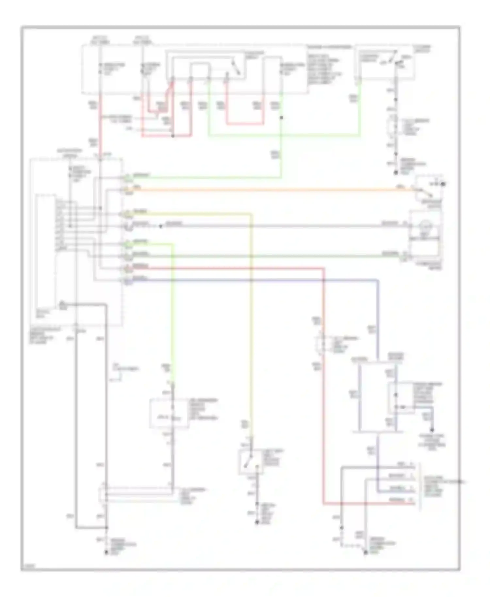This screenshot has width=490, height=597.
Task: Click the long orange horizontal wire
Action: [x=261, y=189]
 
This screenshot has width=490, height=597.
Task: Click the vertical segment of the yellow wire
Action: [x=252, y=327]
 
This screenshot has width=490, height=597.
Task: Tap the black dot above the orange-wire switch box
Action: [x=443, y=184]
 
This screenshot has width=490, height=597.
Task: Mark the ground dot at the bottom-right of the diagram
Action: [x=366, y=553]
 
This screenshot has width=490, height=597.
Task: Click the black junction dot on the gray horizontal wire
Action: [x=160, y=226]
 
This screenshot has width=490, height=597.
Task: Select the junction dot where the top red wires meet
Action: [x=173, y=135]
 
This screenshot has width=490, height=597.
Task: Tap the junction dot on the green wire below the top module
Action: [x=281, y=117]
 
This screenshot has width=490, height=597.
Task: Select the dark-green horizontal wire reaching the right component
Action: [x=261, y=256]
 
